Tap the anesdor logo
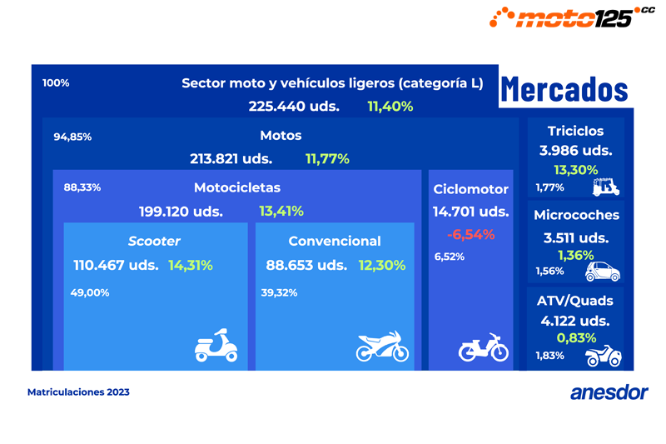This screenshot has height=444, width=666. (609, 392)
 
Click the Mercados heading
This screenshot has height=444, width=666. (564, 90)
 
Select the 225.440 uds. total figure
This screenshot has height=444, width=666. (294, 106)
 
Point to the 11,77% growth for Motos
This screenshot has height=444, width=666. (327, 158)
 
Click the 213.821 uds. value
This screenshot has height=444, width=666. (231, 158)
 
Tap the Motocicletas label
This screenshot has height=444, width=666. (237, 187)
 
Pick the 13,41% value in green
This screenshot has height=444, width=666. (281, 211)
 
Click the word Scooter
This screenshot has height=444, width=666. (154, 241)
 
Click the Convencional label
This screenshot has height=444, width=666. (335, 241)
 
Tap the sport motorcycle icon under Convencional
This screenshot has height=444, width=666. (382, 347)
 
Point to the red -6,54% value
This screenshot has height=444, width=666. (470, 234)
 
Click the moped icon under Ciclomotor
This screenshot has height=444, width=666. (484, 348)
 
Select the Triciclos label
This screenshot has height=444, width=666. (575, 131)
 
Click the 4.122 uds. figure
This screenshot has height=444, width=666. (575, 320)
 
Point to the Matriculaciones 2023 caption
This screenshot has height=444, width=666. (78, 392)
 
